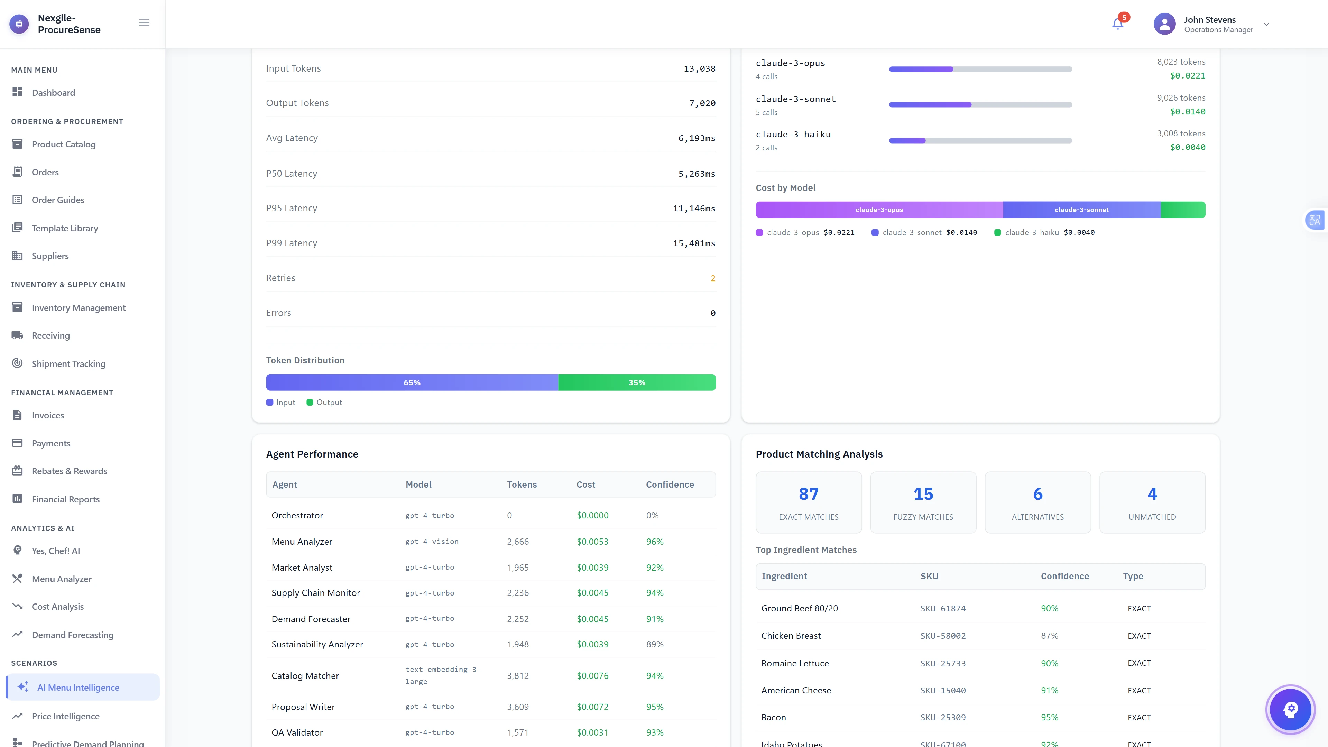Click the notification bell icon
pyautogui.click(x=1117, y=24)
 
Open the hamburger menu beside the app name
pyautogui.click(x=144, y=23)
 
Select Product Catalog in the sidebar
pyautogui.click(x=63, y=144)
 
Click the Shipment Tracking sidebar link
pyautogui.click(x=68, y=364)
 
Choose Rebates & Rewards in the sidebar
pyautogui.click(x=69, y=471)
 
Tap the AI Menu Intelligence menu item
pyautogui.click(x=78, y=688)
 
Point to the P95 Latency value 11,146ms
pyautogui.click(x=694, y=208)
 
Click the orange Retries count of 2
pyautogui.click(x=712, y=278)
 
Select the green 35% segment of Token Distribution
pyautogui.click(x=637, y=382)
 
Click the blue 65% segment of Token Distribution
pyautogui.click(x=412, y=382)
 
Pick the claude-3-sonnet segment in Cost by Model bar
pyautogui.click(x=1081, y=210)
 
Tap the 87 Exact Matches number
pyautogui.click(x=808, y=494)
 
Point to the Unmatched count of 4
pyautogui.click(x=1152, y=494)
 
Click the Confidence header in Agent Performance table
pyautogui.click(x=670, y=485)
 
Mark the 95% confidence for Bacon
pyautogui.click(x=1049, y=718)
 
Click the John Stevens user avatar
pyautogui.click(x=1164, y=24)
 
